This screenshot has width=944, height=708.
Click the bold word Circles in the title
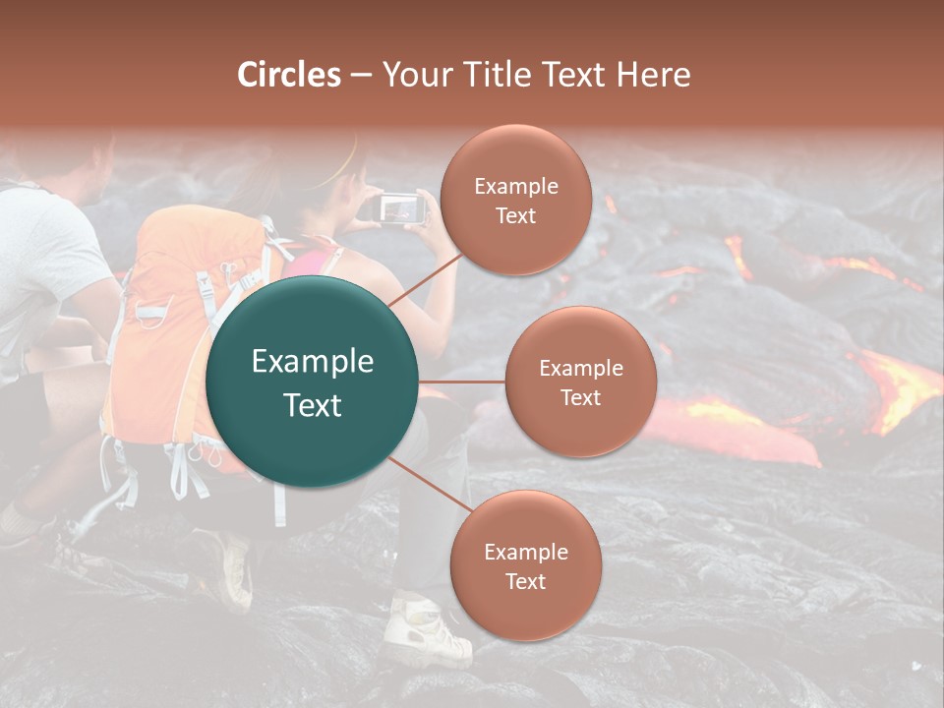point(289,75)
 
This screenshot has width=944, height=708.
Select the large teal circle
point(313,382)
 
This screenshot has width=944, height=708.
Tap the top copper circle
point(515,201)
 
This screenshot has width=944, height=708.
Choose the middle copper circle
point(580,382)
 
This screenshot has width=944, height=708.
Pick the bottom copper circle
point(525,566)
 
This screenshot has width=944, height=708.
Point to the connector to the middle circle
point(462,382)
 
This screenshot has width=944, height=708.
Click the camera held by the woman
point(397,208)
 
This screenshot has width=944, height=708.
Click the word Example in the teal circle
point(313,362)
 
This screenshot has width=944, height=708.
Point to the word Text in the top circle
point(515,216)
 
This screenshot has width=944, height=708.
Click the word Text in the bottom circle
point(525,582)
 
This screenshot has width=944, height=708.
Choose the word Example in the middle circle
point(580,369)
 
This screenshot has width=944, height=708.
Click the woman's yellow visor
point(339,172)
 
